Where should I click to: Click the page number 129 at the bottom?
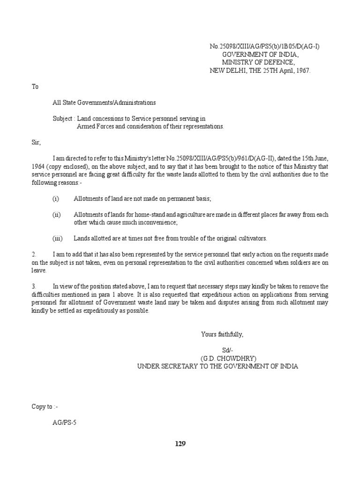coord(180,444)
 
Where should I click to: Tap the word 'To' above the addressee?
coord(35,87)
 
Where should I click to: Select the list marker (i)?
coord(56,199)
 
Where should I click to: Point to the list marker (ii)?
coord(57,214)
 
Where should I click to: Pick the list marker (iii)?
coord(57,238)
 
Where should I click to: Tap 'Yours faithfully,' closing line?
coord(222,334)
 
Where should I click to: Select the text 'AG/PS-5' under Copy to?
coord(64,422)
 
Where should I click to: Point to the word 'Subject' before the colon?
coord(62,119)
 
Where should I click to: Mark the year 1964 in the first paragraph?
coord(39,166)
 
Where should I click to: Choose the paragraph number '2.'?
coord(34,254)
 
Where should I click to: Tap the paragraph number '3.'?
coord(34,286)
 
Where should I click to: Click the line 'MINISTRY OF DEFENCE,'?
coord(258,62)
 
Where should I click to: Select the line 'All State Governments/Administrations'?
coord(104,102)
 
